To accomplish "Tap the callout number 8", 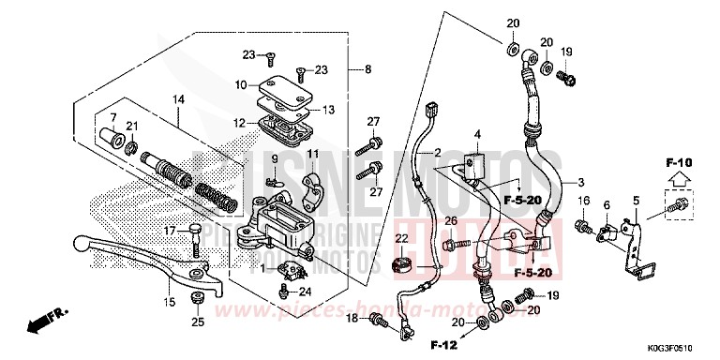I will pos(367,69).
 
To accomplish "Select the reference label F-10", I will pos(679,163).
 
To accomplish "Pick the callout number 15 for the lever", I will pos(170,301).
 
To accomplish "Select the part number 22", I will pos(401,238).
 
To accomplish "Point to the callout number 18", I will pos(352,319).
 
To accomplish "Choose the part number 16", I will pos(582,201).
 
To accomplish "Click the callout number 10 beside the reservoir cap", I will pos(240,85).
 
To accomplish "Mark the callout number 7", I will pos(112,118).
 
